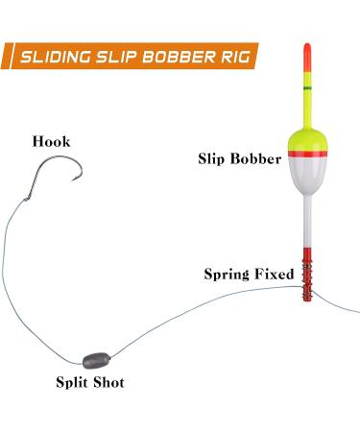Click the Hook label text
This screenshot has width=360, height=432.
coord(50,142)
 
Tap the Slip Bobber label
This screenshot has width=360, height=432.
coord(239,157)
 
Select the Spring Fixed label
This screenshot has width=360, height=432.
coord(249,274)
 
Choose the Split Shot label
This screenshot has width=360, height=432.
coord(89,382)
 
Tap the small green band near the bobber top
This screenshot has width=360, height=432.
coord(307,87)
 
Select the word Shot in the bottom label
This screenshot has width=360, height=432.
coord(108,382)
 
